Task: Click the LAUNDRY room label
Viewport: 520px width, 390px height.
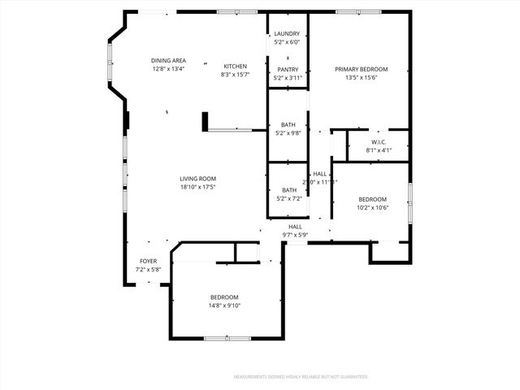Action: (287, 33)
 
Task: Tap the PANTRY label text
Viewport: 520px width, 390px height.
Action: (288, 70)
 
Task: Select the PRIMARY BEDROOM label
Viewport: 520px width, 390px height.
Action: (362, 69)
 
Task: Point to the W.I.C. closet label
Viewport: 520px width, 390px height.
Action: (379, 141)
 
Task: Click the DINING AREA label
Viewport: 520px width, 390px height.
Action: (168, 61)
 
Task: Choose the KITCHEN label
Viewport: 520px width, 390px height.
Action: (235, 67)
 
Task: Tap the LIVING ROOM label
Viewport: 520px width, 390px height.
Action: (197, 179)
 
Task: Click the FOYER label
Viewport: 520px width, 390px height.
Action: (148, 262)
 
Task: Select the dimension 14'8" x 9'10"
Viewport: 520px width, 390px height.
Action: (225, 305)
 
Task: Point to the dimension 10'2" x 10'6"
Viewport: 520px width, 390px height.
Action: (372, 207)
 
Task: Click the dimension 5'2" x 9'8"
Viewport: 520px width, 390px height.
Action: (288, 132)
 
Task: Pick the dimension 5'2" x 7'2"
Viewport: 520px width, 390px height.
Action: (288, 198)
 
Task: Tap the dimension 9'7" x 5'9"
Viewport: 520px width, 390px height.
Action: (295, 235)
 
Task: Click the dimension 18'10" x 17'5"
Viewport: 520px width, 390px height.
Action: (197, 187)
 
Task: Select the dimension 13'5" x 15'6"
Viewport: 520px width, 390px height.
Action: (362, 77)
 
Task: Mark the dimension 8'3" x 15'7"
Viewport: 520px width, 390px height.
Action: (235, 75)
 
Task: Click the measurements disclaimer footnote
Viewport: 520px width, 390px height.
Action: (301, 377)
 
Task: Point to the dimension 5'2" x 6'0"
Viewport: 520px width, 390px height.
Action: (287, 41)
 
